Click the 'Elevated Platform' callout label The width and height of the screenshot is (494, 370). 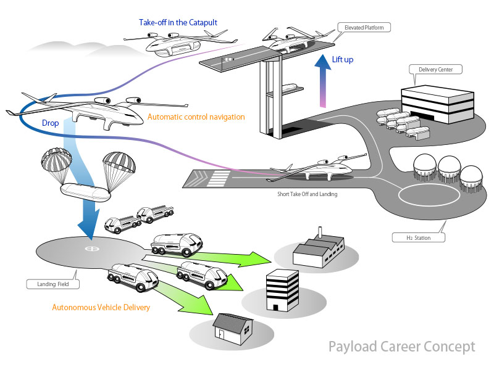click(x=364, y=27)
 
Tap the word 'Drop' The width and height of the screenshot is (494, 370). click(x=51, y=123)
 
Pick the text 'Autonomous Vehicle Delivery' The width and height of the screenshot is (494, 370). click(x=101, y=306)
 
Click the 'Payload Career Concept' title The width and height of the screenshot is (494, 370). click(x=401, y=346)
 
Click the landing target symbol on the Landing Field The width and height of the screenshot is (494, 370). click(x=92, y=249)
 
